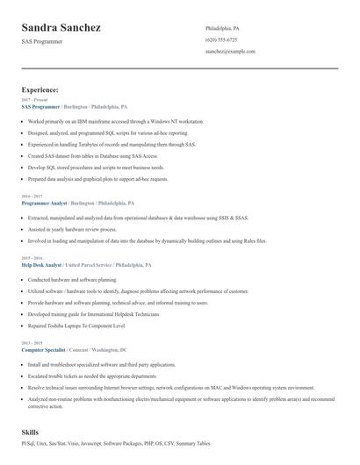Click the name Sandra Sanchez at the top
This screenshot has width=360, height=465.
tap(61, 28)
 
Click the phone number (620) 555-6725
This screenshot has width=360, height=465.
tap(221, 39)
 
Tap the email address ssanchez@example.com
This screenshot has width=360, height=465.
tap(230, 52)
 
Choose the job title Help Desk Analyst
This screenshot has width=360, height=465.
tap(41, 264)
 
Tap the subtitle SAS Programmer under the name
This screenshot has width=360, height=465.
tap(41, 42)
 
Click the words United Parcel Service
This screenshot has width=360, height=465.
tap(88, 264)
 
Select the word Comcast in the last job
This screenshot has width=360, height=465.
tap(81, 348)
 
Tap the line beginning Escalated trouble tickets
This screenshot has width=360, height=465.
tap(92, 375)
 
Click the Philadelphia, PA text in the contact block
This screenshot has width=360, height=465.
tap(222, 28)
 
